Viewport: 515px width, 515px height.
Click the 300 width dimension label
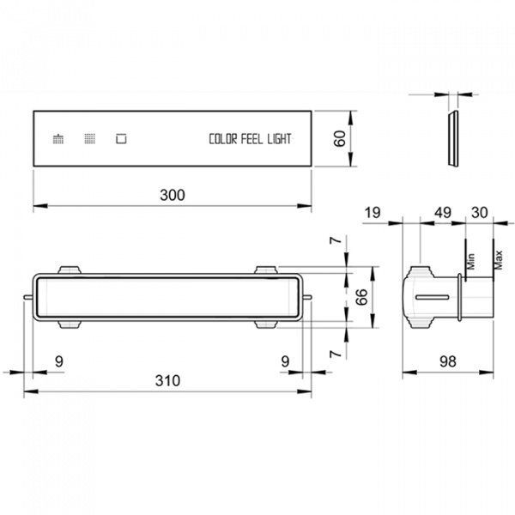(173, 195)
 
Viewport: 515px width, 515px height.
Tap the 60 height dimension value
(340, 138)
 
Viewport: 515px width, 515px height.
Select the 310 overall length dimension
(167, 380)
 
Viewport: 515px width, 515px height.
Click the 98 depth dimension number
(448, 361)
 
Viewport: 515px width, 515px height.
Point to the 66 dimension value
(361, 297)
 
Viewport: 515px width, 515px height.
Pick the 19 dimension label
(373, 213)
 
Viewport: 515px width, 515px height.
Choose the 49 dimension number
(443, 213)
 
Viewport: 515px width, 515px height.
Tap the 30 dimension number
(480, 213)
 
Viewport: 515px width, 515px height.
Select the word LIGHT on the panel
(279, 139)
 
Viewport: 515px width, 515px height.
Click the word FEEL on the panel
(251, 139)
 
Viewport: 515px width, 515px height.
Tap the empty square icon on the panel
(121, 138)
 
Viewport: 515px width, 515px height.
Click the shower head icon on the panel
(58, 138)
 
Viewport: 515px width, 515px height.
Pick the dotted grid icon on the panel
(89, 138)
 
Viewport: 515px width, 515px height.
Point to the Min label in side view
(470, 261)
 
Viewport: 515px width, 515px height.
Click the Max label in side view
(498, 260)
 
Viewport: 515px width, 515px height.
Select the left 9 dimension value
(58, 361)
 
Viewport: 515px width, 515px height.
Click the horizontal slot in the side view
(433, 297)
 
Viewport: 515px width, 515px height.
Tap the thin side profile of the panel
(453, 138)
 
